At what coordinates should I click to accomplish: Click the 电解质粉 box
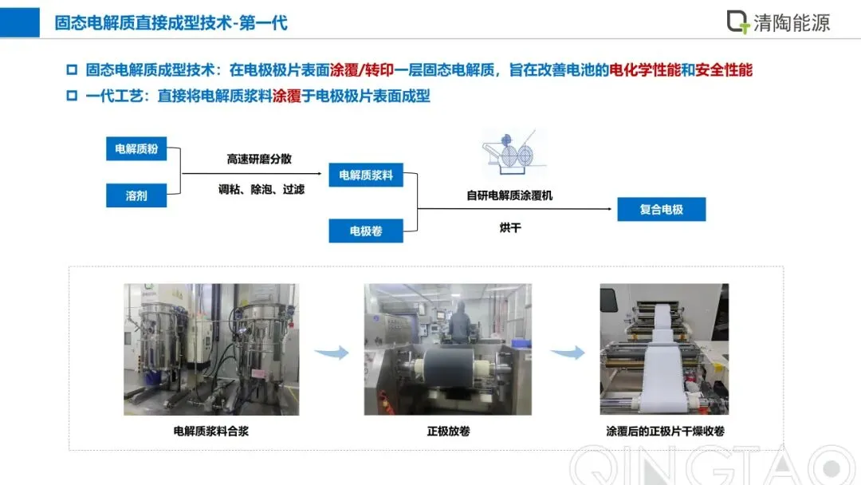point(136,149)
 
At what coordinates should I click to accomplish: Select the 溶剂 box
point(136,195)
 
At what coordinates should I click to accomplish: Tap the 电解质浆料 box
point(366,175)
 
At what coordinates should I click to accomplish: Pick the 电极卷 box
point(366,231)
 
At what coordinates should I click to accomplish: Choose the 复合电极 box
point(661,210)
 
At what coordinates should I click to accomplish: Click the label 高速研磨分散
point(259,159)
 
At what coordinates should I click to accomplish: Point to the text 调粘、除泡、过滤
point(261,190)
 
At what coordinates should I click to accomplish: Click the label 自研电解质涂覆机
point(509,195)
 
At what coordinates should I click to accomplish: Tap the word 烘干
point(509,228)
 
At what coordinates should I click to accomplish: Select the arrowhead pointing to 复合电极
point(613,210)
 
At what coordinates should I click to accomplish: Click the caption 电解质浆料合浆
point(210,432)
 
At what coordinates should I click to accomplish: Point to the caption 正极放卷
point(448,432)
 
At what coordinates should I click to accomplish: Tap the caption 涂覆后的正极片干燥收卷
point(665,432)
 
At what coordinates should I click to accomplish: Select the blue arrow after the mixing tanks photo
point(331,352)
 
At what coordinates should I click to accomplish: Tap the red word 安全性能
point(724,70)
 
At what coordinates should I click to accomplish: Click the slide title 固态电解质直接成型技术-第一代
point(171,22)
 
